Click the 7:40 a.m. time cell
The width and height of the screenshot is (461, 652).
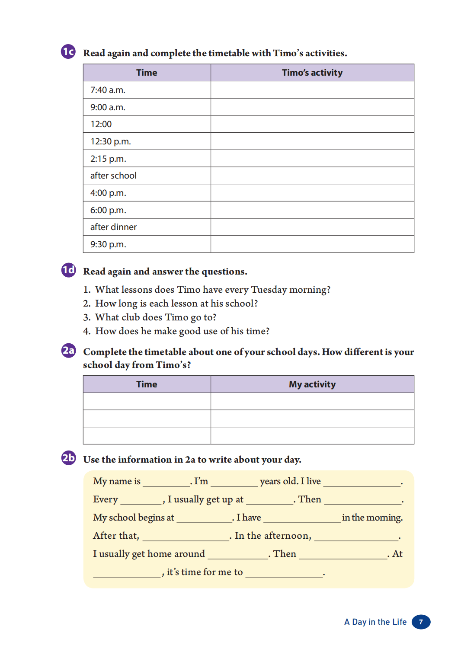click(108, 90)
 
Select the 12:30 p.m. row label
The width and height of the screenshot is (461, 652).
click(110, 141)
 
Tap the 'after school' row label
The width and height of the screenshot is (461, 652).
click(113, 176)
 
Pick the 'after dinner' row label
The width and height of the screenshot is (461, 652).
click(113, 227)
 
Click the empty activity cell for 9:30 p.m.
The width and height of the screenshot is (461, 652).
click(312, 244)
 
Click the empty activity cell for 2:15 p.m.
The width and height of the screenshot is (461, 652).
click(312, 159)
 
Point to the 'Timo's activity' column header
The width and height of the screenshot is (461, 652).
click(312, 73)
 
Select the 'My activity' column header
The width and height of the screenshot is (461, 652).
click(312, 384)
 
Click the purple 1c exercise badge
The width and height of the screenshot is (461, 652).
click(68, 51)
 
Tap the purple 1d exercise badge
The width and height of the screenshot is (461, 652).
click(68, 270)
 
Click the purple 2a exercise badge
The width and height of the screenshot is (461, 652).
click(68, 350)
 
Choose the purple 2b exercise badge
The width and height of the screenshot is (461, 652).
click(68, 457)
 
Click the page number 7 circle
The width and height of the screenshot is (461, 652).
click(421, 622)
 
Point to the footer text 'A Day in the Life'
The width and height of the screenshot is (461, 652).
click(375, 622)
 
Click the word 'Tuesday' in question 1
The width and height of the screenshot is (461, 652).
click(269, 290)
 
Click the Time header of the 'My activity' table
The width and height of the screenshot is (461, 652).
click(147, 384)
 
